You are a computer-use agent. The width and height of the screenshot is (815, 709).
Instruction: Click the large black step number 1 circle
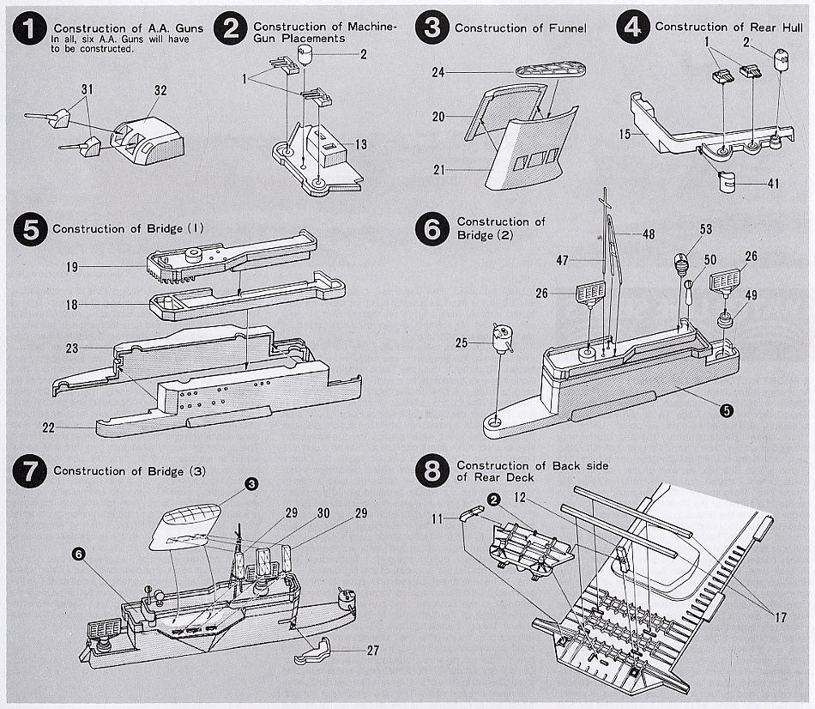click(x=31, y=30)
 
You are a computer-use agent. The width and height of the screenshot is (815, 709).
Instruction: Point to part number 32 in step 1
click(x=160, y=88)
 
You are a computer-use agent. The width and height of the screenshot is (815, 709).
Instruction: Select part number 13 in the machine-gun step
click(x=361, y=145)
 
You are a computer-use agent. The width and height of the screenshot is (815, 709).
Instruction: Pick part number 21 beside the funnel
click(x=439, y=170)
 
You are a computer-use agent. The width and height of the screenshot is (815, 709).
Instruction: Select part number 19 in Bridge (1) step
click(x=71, y=267)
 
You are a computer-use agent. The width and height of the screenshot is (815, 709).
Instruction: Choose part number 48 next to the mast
click(x=648, y=233)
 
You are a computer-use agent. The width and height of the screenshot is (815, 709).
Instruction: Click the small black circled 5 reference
click(x=727, y=410)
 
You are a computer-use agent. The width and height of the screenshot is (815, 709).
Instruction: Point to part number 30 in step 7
click(x=323, y=512)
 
